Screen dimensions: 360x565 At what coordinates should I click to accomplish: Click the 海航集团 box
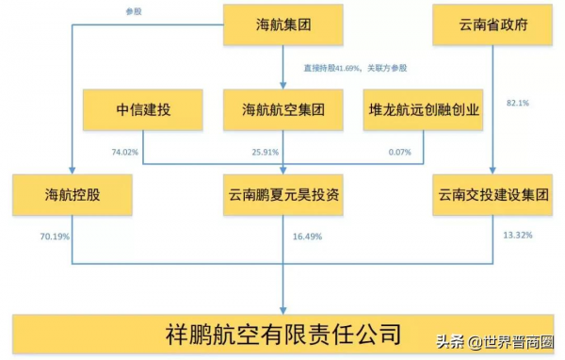tap(283, 25)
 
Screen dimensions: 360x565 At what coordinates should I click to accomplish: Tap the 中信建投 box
tap(142, 109)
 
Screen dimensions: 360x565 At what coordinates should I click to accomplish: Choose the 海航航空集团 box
tap(283, 109)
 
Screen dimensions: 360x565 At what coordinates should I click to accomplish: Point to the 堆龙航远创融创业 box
tap(425, 109)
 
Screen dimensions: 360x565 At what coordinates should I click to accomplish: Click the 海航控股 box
tap(72, 194)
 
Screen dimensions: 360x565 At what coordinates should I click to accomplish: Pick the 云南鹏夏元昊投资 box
tap(283, 194)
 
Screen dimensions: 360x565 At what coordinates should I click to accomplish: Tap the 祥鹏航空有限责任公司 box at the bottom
tap(282, 334)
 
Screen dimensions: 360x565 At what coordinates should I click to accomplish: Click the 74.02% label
tap(124, 151)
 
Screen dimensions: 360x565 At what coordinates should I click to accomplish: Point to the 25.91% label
tap(266, 151)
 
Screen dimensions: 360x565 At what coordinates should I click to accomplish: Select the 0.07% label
tap(401, 151)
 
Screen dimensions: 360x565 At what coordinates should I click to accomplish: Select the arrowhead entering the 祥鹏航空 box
tap(283, 308)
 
